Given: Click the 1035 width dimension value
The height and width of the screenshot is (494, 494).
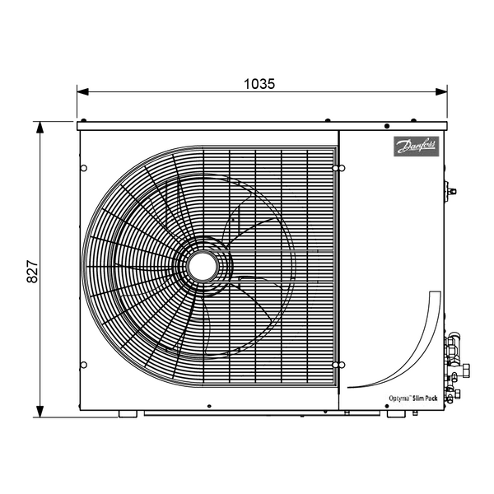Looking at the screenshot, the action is click(x=259, y=84).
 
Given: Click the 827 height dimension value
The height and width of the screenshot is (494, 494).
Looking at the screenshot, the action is click(x=32, y=271).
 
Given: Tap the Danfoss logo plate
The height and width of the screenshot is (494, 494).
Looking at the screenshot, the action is click(x=416, y=147).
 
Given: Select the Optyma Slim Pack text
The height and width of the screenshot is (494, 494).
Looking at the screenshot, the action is click(x=413, y=398).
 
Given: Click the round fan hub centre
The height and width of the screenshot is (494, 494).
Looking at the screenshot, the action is click(x=203, y=266).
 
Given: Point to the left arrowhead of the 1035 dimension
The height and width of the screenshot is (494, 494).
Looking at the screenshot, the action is click(x=82, y=91).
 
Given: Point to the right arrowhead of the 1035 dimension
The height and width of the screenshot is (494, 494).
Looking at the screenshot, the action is click(x=441, y=91).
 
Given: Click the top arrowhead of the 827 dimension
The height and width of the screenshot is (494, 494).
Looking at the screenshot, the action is click(x=40, y=128).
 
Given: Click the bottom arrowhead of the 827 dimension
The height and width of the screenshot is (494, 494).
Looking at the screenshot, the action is click(x=40, y=412).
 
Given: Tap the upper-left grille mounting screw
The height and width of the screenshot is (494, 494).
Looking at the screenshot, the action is click(x=84, y=168).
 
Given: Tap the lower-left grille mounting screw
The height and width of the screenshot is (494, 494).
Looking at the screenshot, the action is click(x=84, y=365).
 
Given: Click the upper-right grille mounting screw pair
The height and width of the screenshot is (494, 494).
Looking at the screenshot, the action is click(x=338, y=168).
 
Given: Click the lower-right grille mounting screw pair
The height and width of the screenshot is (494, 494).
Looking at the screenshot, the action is click(x=338, y=365).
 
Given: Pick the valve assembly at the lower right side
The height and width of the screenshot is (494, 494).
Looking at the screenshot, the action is click(x=456, y=368).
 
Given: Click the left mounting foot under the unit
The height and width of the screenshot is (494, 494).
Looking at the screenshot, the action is click(x=128, y=414).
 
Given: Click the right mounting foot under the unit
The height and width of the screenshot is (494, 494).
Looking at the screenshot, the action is click(x=396, y=414).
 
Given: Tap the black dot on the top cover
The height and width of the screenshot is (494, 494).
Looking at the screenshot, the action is click(x=387, y=126).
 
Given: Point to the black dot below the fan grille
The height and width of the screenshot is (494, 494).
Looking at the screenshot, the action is click(x=209, y=406).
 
